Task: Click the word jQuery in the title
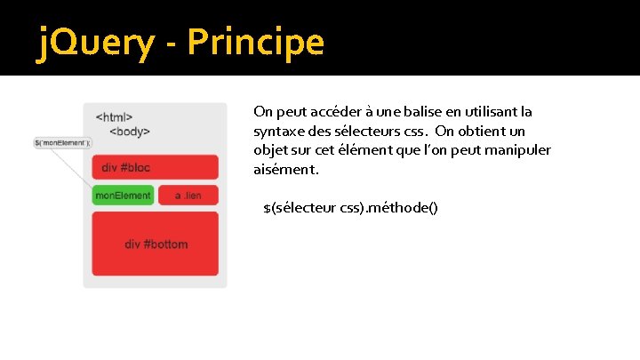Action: (x=93, y=41)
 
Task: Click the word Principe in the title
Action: (x=256, y=41)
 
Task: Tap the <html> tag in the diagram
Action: (x=115, y=116)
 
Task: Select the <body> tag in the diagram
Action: (x=130, y=132)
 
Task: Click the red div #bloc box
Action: (x=155, y=167)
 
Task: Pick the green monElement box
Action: (x=123, y=195)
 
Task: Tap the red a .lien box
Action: (x=188, y=195)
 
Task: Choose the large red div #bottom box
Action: (x=156, y=244)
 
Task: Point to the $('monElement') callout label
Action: (x=62, y=142)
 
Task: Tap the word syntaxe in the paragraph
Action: (x=277, y=131)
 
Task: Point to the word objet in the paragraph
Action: (x=270, y=149)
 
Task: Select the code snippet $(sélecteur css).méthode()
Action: (x=351, y=207)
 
